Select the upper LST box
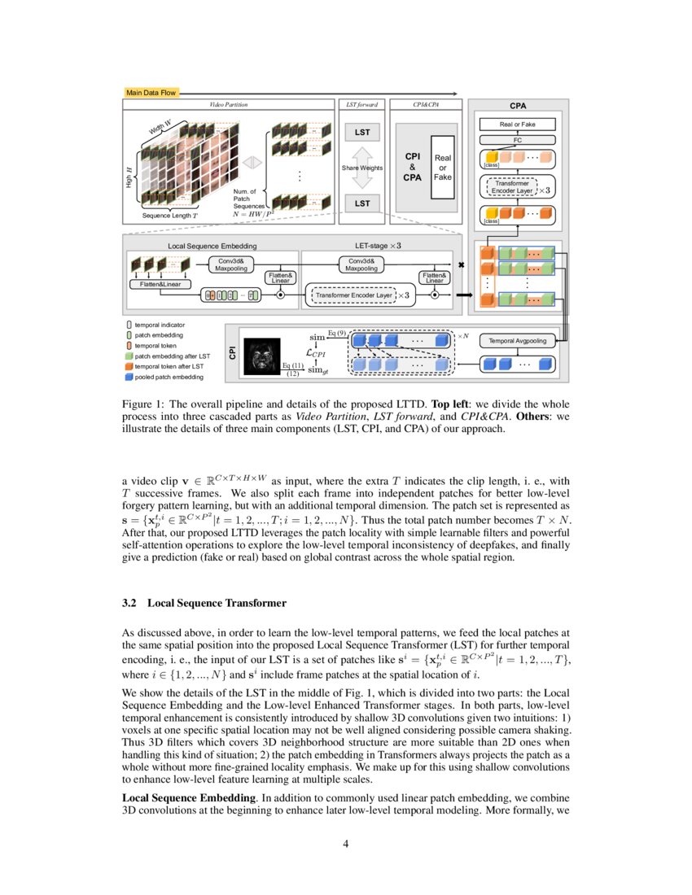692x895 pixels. (361, 131)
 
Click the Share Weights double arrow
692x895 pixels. (361, 168)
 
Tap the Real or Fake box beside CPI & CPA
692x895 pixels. (443, 168)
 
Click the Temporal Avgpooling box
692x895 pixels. (517, 340)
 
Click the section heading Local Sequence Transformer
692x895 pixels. (204, 603)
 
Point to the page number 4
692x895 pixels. (346, 843)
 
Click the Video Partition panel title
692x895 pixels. (228, 105)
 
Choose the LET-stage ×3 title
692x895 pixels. (378, 244)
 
